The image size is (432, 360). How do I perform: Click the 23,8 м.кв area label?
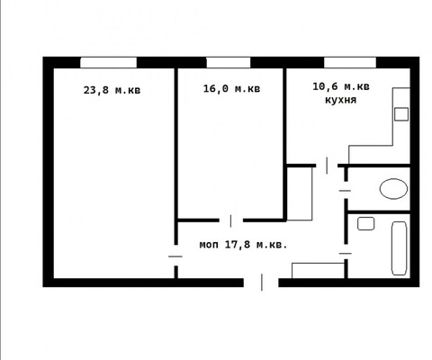(x=112, y=90)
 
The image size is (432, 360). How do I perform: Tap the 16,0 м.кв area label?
(x=231, y=88)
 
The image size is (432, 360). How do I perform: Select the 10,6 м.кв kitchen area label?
(x=341, y=86)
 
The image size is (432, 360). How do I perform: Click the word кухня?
(x=341, y=100)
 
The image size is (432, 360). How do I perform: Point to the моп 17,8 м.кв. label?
(x=243, y=245)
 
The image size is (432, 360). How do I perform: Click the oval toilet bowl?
(x=393, y=189)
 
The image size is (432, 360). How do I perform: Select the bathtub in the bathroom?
(x=400, y=248)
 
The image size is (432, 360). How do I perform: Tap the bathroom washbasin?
(x=365, y=223)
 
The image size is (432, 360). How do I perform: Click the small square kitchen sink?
(x=401, y=114)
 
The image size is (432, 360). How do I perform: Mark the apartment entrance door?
(x=262, y=283)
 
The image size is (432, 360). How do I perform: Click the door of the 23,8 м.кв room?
(x=175, y=256)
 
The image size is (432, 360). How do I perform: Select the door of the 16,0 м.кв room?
(x=230, y=220)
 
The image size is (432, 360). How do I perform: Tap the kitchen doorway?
(x=327, y=166)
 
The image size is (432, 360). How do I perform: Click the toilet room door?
(x=345, y=190)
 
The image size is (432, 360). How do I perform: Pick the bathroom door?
(x=346, y=254)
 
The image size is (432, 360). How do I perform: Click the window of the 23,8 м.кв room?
(x=108, y=63)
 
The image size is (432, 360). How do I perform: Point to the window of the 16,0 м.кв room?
(x=229, y=63)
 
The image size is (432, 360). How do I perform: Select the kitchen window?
(x=350, y=63)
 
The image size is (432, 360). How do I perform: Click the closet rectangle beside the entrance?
(x=318, y=271)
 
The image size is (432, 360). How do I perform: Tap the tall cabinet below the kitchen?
(x=300, y=193)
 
